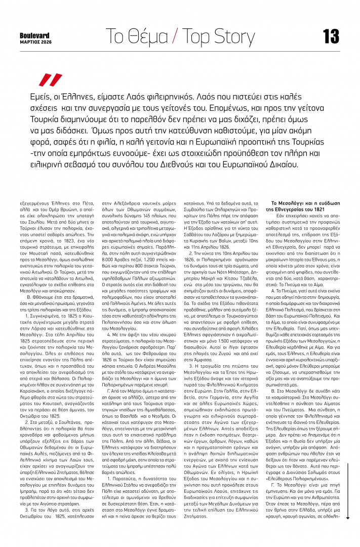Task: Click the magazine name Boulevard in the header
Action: [35, 35]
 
